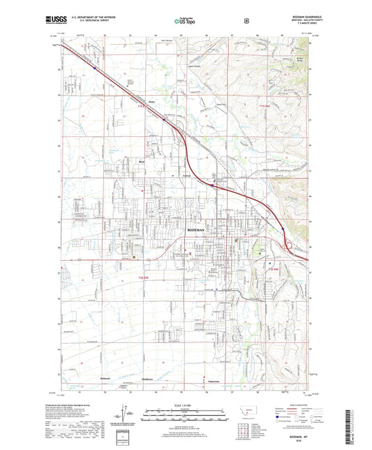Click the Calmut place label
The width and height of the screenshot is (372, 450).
tap(186, 175)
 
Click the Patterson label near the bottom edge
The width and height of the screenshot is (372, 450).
tap(213, 379)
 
